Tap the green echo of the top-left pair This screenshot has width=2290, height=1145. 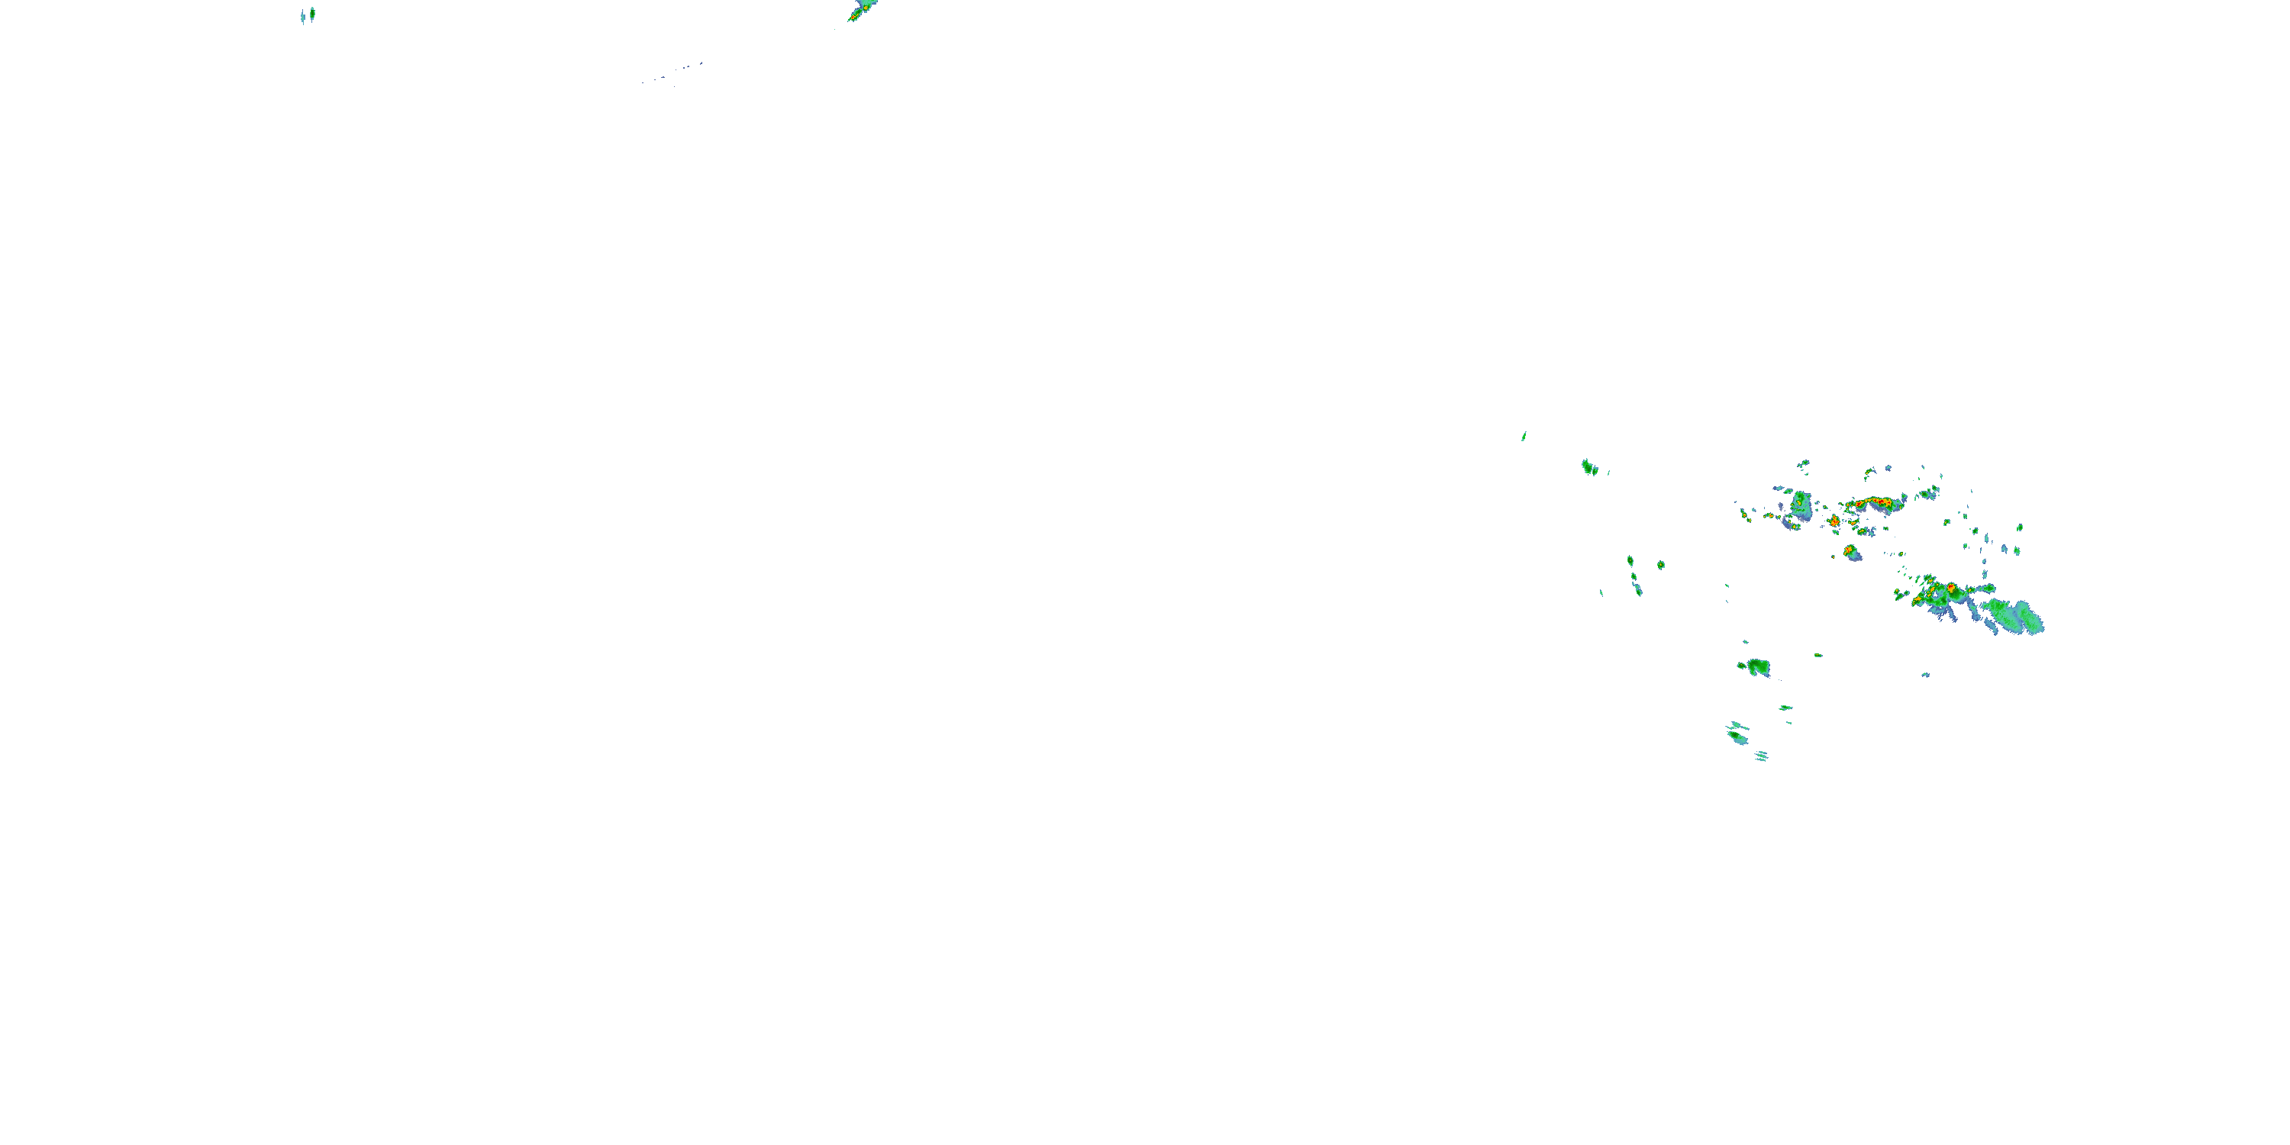click(x=312, y=12)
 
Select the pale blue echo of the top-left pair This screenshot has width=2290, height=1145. click(x=303, y=17)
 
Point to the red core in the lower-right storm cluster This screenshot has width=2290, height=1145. click(x=1950, y=589)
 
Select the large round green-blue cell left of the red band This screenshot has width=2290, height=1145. click(x=1801, y=505)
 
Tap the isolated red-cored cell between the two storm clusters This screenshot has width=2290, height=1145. click(x=1851, y=552)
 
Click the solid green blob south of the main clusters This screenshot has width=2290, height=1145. click(x=1757, y=666)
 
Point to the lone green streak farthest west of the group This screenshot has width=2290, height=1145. click(x=1524, y=436)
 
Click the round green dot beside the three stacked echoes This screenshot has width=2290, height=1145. click(x=1659, y=565)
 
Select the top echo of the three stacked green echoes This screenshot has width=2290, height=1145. click(x=1630, y=561)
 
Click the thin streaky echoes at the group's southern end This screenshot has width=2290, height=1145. click(x=1760, y=756)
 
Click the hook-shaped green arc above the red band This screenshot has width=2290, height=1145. click(x=1869, y=472)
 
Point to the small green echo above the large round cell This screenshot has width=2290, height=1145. click(x=1803, y=464)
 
